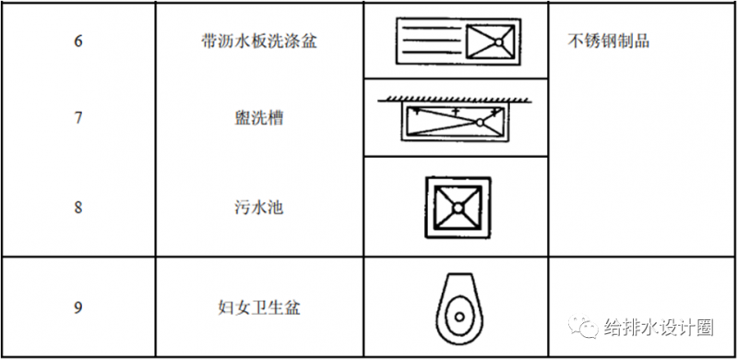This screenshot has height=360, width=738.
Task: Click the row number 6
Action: point(78,42)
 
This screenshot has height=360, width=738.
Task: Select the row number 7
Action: point(78,117)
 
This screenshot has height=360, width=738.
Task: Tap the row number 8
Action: point(78,208)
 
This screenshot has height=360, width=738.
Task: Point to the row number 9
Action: point(78,307)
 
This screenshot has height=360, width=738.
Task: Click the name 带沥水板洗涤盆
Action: point(259,42)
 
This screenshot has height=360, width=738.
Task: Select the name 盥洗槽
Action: point(259,117)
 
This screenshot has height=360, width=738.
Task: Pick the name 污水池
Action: point(259,208)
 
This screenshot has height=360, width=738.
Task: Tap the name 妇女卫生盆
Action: point(259,307)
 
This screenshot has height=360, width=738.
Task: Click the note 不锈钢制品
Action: point(609,42)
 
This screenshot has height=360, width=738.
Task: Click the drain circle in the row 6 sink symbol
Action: point(498,42)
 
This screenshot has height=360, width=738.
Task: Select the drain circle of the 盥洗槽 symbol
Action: point(479,123)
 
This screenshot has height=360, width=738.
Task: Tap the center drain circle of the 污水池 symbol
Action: point(458,208)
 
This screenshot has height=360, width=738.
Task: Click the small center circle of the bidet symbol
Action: point(459,316)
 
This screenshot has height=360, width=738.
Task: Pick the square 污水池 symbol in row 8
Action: point(458,208)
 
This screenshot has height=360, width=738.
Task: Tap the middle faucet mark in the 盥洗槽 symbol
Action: point(455,112)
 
